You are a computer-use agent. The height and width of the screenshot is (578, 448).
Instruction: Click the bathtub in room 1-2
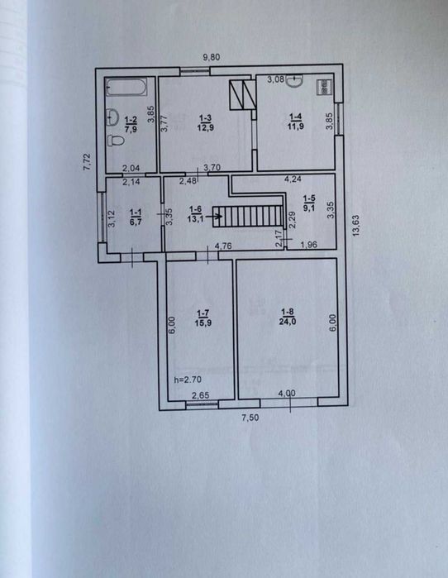[x=126, y=87]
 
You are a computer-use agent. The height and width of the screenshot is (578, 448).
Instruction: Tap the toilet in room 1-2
[x=115, y=141]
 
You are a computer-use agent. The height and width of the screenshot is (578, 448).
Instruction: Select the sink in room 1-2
[x=112, y=117]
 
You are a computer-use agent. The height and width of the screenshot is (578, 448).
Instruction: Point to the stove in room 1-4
[x=324, y=88]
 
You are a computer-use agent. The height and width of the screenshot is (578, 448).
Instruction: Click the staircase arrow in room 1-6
[x=214, y=216]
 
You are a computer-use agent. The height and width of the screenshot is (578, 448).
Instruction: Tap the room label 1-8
[x=288, y=313]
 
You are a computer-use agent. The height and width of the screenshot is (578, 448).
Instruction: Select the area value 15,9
[x=203, y=323]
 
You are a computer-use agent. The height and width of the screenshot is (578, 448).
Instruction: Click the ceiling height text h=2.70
[x=188, y=380]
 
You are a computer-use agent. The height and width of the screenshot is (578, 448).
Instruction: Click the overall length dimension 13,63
[x=355, y=225]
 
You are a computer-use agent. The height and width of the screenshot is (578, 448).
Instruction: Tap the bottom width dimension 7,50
[x=250, y=418]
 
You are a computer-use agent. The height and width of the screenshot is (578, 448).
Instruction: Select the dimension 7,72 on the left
[x=88, y=162]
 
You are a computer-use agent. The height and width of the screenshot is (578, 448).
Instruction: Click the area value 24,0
[x=288, y=322]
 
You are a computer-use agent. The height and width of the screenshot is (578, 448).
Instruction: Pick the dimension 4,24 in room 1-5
[x=293, y=179]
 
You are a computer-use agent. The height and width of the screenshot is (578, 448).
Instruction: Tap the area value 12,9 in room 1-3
[x=206, y=127]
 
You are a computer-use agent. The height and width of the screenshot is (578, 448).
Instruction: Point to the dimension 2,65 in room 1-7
[x=201, y=395]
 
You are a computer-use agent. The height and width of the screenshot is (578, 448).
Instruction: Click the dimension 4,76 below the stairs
[x=223, y=246]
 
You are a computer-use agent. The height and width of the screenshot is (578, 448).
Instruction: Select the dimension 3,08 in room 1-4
[x=275, y=79]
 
